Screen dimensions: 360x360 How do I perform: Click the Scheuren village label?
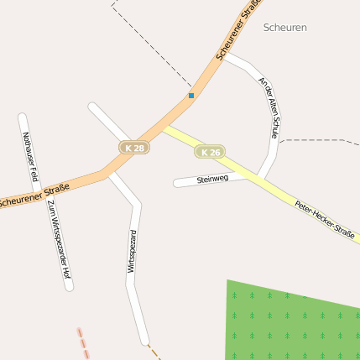284,28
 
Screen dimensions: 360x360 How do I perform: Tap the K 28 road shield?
134,148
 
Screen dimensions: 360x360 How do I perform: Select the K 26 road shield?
210,152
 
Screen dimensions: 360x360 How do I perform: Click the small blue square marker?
191,96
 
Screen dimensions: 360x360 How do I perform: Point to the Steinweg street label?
212,179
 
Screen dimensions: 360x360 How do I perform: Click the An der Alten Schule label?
268,108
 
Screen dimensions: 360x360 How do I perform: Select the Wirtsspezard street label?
131,251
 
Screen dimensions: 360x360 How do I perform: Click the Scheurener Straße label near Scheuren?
237,32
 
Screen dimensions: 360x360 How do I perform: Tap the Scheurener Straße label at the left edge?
34,195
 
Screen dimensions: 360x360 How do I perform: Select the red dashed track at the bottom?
82,342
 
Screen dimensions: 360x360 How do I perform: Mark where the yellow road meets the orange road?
164,126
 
